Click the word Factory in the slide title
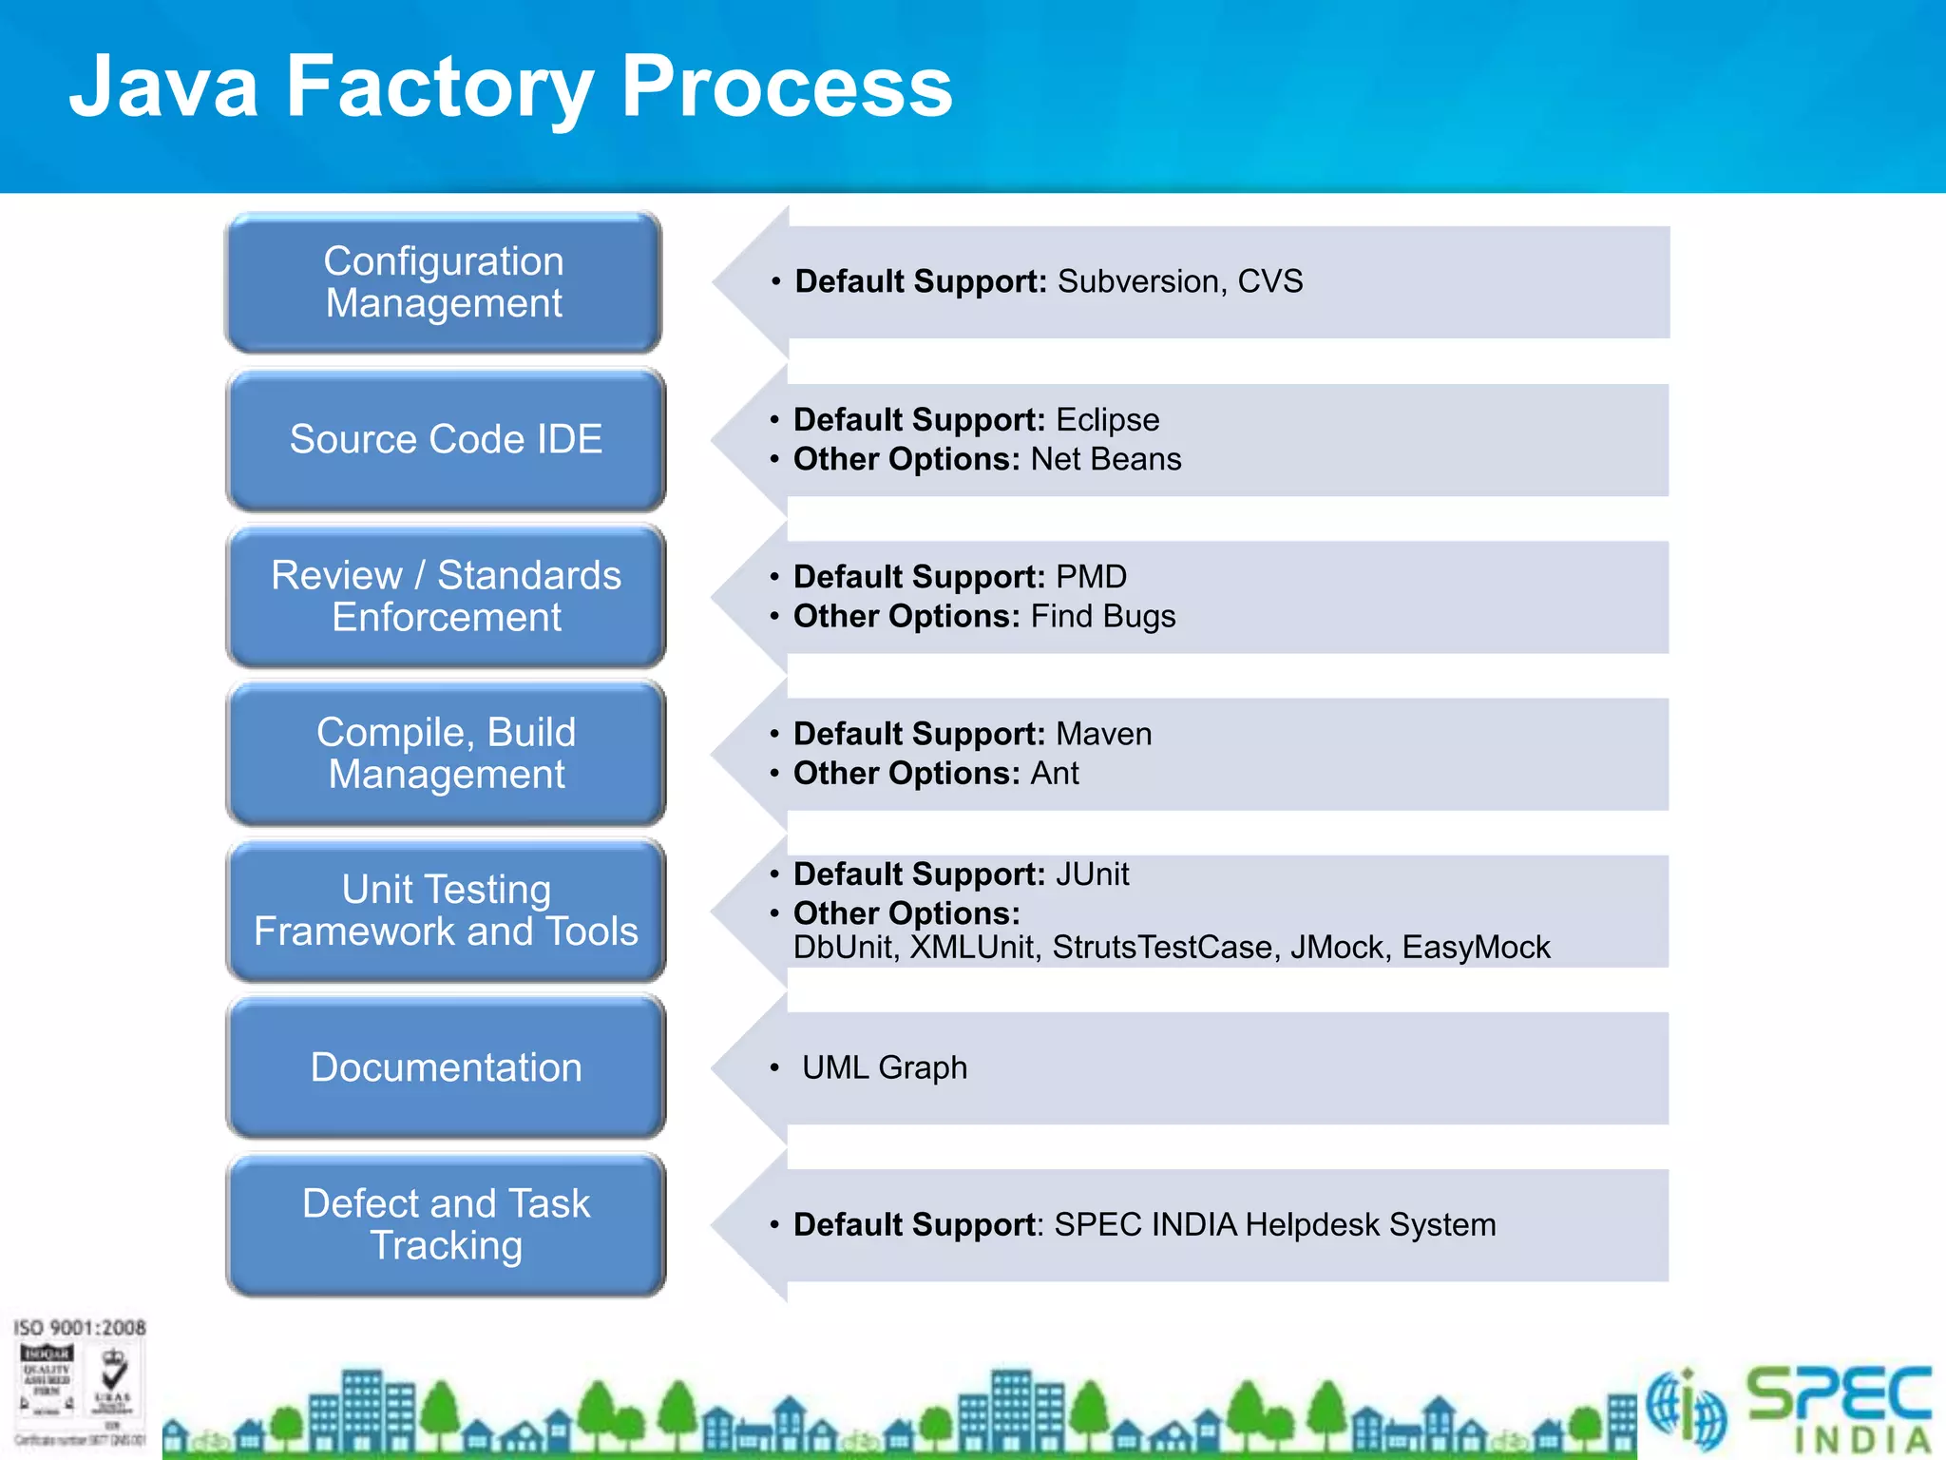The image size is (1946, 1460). point(440,86)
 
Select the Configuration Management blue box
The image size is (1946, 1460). point(444,282)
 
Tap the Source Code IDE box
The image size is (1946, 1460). point(446,439)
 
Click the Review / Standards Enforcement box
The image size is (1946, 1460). point(446,596)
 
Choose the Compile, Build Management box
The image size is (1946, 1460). point(446,753)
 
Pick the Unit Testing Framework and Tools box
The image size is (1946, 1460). point(446,910)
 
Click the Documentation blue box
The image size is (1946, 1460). point(446,1067)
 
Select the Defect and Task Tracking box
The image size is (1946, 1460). point(446,1224)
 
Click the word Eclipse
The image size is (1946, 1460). point(1107,419)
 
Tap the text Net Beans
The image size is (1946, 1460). point(1105,459)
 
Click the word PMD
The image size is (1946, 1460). point(1091,576)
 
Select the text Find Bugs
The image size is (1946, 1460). point(1102,616)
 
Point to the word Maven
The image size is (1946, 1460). point(1103,734)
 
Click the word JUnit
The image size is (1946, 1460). point(1092,874)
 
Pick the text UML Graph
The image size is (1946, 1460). point(884,1067)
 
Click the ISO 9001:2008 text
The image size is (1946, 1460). point(79,1327)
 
